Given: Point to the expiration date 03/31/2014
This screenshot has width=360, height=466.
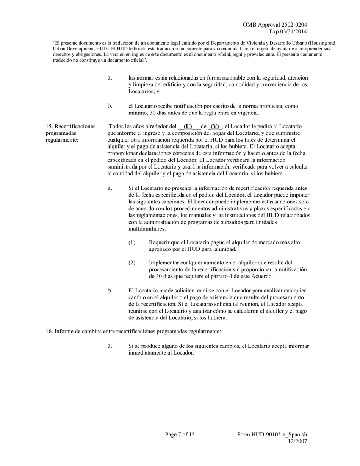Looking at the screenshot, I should [x=293, y=31].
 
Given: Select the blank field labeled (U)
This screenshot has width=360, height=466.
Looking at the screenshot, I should [x=188, y=127].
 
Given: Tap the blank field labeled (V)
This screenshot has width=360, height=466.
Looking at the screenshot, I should [x=215, y=127].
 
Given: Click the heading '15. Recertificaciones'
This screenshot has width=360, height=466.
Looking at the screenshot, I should [x=70, y=127].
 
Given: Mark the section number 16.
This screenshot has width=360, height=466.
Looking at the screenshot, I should [x=49, y=332].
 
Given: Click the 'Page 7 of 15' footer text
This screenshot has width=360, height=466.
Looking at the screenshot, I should [x=180, y=435].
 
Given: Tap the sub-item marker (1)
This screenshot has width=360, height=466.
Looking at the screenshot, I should [x=132, y=242].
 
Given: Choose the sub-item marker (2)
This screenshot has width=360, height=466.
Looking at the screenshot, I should [x=132, y=263].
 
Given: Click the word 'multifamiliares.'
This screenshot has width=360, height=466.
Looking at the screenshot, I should [x=147, y=229].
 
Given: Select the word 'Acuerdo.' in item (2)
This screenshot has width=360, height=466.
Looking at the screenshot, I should [x=262, y=277].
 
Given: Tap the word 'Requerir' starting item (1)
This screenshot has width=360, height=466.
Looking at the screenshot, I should [x=159, y=242].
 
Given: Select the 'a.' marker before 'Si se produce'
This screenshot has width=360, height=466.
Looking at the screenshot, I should [x=110, y=346].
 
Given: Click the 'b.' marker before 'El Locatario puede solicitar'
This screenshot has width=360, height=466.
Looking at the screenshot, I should [x=110, y=291].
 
